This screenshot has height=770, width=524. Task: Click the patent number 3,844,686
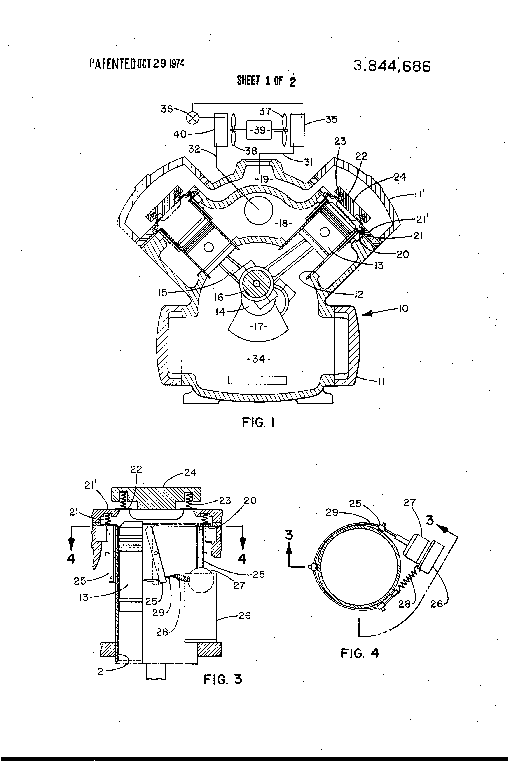tap(392, 66)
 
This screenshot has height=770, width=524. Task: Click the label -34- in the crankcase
tap(258, 359)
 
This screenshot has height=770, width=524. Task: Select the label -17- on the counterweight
tap(258, 327)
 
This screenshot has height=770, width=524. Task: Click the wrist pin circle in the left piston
tap(208, 247)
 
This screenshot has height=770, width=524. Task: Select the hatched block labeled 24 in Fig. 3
tap(156, 500)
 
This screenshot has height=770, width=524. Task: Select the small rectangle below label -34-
tap(258, 380)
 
